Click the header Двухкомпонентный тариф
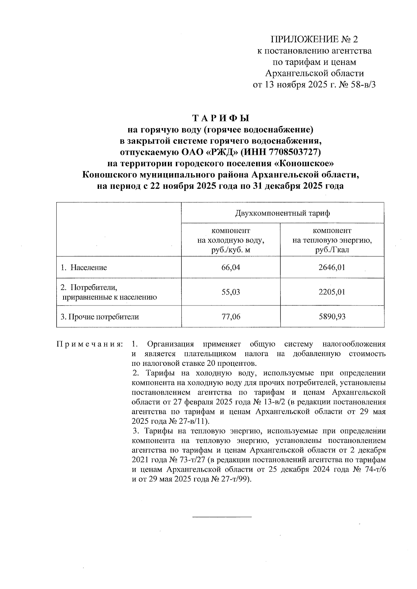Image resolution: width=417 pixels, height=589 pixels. (283, 213)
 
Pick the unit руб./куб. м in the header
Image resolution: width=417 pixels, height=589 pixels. (231, 250)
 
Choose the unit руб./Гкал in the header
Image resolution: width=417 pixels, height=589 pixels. (332, 250)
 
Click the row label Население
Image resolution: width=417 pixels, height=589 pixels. (89, 268)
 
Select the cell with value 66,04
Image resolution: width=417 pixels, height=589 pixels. (231, 268)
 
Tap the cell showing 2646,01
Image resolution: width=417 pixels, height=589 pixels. (332, 268)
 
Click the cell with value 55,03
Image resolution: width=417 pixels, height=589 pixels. (231, 292)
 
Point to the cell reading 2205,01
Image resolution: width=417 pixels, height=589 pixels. (332, 292)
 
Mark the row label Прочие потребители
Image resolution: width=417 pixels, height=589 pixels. (100, 317)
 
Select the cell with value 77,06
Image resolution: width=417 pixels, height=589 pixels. (231, 317)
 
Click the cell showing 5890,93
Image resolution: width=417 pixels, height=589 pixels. (332, 317)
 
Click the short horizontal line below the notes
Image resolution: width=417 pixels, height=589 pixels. (222, 517)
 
